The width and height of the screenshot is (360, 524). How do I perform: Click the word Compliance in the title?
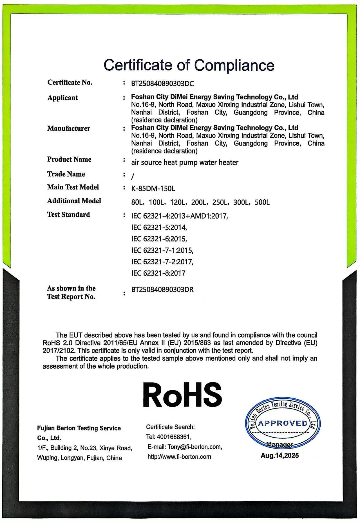[x=234, y=65]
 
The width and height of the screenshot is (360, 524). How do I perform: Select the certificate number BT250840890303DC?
[x=162, y=84]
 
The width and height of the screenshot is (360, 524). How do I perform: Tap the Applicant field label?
[x=62, y=98]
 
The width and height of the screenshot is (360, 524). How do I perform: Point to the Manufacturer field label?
[x=69, y=128]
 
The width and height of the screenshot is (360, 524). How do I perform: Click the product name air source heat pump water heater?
[x=185, y=162]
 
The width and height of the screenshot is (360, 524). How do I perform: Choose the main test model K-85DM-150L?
[x=153, y=188]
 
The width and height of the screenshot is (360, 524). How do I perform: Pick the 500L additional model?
[x=262, y=202]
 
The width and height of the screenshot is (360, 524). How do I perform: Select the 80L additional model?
[x=138, y=202]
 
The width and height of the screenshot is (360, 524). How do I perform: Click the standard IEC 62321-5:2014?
[x=159, y=227]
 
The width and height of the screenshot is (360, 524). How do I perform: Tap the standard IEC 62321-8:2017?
[x=158, y=273]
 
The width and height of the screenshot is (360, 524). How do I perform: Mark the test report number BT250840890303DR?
[x=162, y=289]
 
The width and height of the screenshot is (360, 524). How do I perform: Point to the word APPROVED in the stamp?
[x=283, y=423]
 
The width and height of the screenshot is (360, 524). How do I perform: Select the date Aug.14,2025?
[x=279, y=456]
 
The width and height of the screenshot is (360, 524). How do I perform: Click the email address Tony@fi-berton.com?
[x=194, y=447]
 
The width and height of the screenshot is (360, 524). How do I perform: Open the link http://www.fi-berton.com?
[x=179, y=456]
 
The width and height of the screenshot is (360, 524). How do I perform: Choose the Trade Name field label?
[x=66, y=174]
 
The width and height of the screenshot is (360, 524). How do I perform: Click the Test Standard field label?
[x=68, y=215]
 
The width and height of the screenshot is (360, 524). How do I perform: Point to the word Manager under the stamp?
[x=279, y=445]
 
